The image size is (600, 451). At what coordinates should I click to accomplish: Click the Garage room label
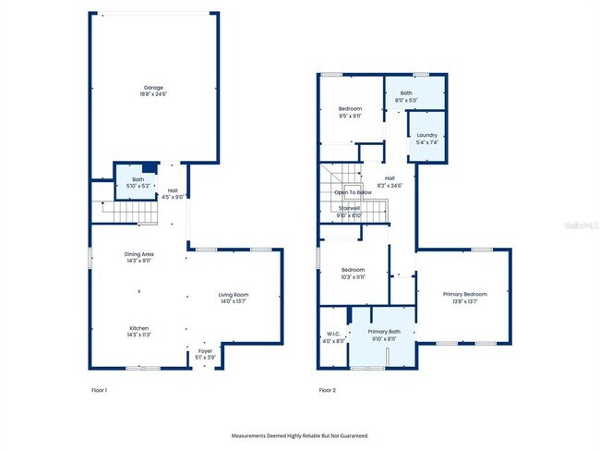(x=153, y=88)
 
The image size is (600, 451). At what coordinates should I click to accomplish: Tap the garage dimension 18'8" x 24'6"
(x=153, y=94)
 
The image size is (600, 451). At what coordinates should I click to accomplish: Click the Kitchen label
(x=139, y=327)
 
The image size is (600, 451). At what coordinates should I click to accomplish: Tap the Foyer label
(x=205, y=350)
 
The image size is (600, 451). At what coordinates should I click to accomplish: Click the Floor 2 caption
(x=328, y=390)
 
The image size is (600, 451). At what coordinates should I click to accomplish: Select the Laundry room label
(x=427, y=135)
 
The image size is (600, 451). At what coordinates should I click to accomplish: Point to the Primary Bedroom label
(x=464, y=294)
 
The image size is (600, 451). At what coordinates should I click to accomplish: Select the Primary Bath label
(x=384, y=331)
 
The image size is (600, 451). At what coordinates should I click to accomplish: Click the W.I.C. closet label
(x=334, y=334)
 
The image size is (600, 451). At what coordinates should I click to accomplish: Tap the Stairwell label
(x=350, y=208)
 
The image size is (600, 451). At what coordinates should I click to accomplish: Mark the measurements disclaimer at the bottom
(x=299, y=434)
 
